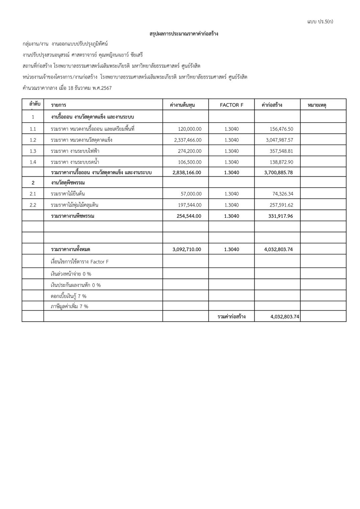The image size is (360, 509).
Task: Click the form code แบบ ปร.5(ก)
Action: tap(320, 22)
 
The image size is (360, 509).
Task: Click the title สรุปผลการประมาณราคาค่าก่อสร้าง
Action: tap(184, 34)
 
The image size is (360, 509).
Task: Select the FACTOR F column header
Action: tap(232, 105)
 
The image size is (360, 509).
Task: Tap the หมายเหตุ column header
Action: tap(317, 105)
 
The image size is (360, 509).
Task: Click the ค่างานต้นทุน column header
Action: tap(182, 105)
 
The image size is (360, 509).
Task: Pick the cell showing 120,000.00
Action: tap(190, 129)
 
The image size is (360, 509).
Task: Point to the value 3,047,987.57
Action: tap(279, 140)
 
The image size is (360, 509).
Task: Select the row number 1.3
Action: tap(33, 151)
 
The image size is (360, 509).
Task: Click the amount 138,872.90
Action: tap(281, 162)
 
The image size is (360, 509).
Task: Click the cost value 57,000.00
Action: tap(191, 194)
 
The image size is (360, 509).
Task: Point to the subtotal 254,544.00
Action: tap(189, 216)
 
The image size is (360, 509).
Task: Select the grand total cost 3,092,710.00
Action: tap(187, 249)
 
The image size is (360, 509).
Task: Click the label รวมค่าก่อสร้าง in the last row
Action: tap(232, 317)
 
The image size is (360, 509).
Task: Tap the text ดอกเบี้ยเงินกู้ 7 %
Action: tap(69, 296)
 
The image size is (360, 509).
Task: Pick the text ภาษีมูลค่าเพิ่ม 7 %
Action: tap(70, 306)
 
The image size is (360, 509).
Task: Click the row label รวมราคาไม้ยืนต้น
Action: tap(68, 194)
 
